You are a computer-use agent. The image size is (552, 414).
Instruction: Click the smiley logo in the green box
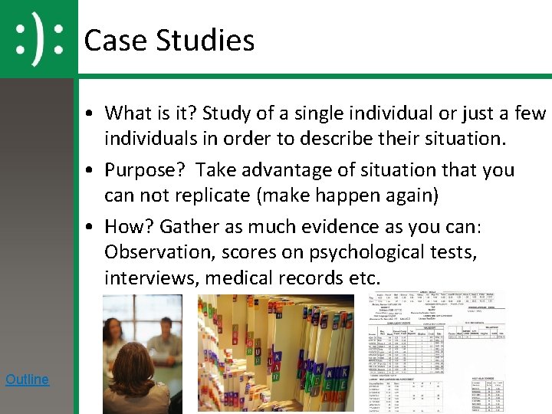click(38, 38)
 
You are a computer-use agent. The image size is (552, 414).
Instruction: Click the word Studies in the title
click(205, 40)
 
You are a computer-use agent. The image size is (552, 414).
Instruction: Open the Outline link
click(27, 379)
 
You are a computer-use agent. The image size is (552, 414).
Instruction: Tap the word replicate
click(215, 195)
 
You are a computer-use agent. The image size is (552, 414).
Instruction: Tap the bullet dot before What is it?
click(90, 114)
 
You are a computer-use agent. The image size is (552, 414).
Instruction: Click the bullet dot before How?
click(90, 228)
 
